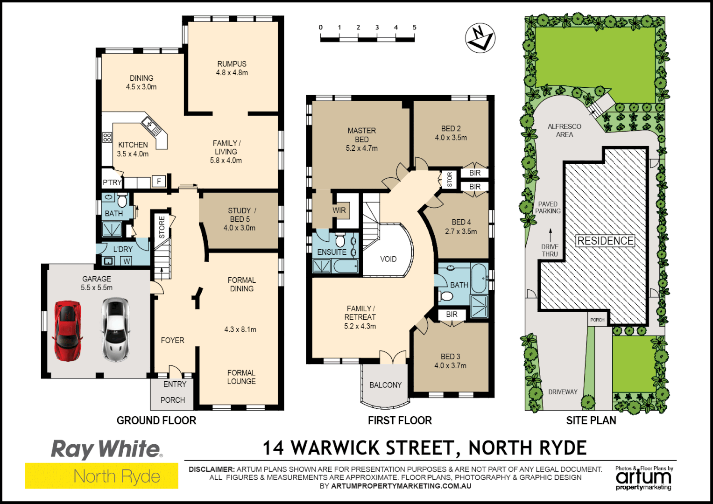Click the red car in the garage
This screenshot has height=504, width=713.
[68, 330]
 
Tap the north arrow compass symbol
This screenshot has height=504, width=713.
[480, 38]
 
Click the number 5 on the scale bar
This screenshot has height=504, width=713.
[415, 28]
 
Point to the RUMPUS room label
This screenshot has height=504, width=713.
[232, 64]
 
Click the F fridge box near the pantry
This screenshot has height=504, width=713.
[159, 182]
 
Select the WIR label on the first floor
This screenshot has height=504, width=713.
[339, 210]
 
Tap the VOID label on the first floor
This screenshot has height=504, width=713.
[388, 259]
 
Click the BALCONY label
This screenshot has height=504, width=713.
[385, 385]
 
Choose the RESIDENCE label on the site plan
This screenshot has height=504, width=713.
[606, 241]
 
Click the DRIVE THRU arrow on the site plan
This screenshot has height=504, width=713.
[551, 235]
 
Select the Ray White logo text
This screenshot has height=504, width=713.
[107, 449]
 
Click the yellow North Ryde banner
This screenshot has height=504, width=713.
[102, 476]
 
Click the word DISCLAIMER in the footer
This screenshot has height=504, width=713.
[212, 469]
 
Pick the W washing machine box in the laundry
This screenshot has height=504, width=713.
[127, 261]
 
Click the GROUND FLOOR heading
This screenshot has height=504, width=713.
[156, 420]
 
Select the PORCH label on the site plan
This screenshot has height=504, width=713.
[597, 320]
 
